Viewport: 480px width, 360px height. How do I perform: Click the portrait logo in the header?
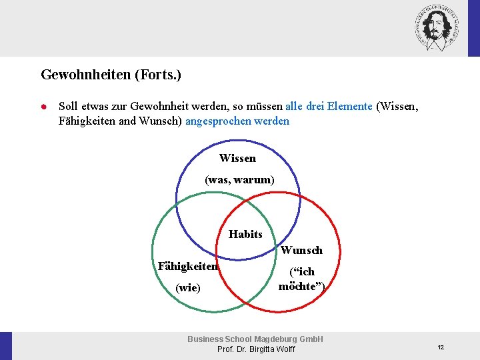click(x=437, y=27)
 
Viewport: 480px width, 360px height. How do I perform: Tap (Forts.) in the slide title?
click(x=158, y=75)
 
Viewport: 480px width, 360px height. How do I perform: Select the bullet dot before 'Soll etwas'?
click(x=42, y=106)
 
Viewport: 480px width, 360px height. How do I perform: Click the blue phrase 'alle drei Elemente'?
click(x=329, y=106)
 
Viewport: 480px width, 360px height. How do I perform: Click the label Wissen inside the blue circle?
click(x=237, y=159)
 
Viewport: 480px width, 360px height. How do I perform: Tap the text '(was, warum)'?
click(x=239, y=180)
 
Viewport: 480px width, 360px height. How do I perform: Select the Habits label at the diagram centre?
click(x=245, y=234)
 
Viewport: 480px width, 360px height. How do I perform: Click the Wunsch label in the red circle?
click(x=301, y=251)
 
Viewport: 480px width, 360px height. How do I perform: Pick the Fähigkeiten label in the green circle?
click(x=188, y=267)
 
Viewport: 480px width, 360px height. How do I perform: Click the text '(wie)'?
click(x=187, y=288)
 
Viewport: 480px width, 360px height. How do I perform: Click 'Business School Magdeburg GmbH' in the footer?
click(x=255, y=339)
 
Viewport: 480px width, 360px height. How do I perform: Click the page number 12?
click(x=441, y=347)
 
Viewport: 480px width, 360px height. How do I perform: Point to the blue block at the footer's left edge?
click(x=6, y=346)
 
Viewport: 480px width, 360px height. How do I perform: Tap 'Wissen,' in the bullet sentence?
click(x=398, y=106)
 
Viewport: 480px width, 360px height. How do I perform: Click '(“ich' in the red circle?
click(x=301, y=272)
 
